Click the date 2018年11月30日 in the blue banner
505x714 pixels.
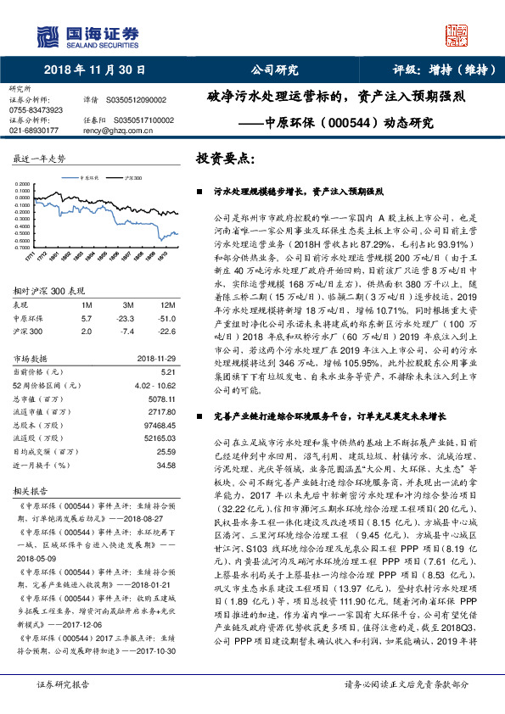pyautogui.click(x=93, y=71)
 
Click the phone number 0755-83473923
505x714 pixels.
pyautogui.click(x=36, y=110)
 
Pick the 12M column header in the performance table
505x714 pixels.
pyautogui.click(x=166, y=303)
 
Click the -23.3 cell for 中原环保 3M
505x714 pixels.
pyautogui.click(x=126, y=317)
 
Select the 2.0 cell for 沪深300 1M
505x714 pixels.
pyautogui.click(x=86, y=332)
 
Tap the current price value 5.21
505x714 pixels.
pyautogui.click(x=167, y=372)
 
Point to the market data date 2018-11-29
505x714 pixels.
pyautogui.click(x=155, y=359)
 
